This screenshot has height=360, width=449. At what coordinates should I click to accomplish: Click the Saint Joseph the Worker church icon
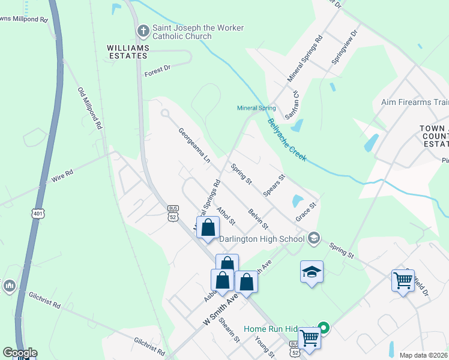coord(143,31)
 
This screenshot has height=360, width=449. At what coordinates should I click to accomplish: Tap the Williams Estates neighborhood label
coord(127,51)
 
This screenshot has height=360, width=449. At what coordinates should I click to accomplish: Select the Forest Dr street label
coord(157,71)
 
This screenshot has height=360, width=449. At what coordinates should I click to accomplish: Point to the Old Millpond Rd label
coord(90,109)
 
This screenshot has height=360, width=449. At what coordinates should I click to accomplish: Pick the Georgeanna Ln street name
coord(194,146)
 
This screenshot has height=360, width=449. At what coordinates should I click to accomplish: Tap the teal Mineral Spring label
coord(256,109)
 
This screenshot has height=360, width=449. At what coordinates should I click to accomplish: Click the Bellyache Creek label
coord(287,140)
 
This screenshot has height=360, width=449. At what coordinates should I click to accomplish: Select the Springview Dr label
coord(344,46)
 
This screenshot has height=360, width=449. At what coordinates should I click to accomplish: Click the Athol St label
coord(226,216)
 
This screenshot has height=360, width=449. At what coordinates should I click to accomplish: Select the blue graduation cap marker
coord(312,272)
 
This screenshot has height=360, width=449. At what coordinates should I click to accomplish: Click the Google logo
coord(20,353)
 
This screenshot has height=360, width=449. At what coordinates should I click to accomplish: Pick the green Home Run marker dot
coord(324,328)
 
